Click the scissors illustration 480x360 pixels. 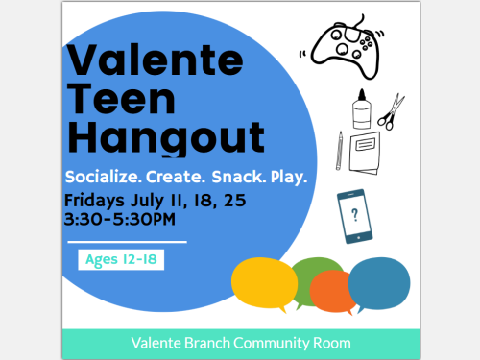(391, 112)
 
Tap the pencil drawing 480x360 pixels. (340, 151)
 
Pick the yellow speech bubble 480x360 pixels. (262, 282)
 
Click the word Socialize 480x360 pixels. (104, 180)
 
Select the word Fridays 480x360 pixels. (95, 201)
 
